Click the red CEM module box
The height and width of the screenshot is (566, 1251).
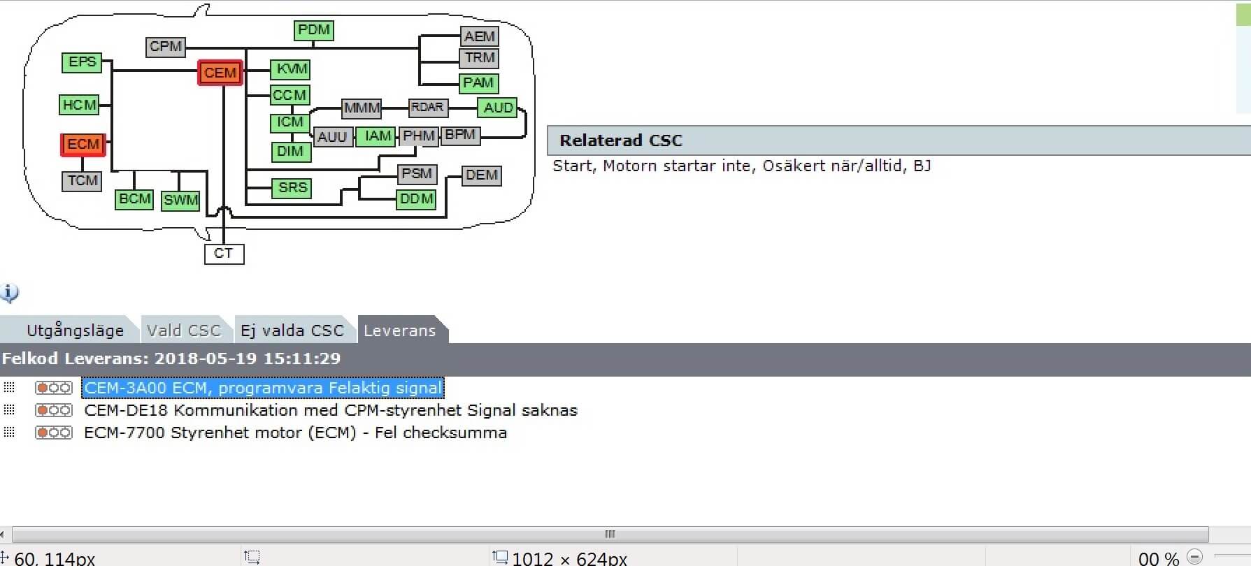point(220,73)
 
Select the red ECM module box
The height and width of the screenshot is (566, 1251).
point(83,145)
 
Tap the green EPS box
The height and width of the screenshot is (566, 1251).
point(82,62)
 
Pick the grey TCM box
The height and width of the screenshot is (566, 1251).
point(83,181)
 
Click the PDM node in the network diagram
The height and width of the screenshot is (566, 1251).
point(313,30)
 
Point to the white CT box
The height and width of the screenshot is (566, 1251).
point(224,253)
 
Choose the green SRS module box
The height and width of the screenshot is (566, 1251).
point(292,187)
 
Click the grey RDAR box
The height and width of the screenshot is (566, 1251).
point(427,108)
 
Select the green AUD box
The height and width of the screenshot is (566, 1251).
point(498,108)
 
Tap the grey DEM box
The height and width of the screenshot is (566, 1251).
point(481,175)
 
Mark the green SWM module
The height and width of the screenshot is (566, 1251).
point(180,200)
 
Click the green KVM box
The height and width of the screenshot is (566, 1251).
point(291,68)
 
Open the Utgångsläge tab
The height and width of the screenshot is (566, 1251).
point(75,331)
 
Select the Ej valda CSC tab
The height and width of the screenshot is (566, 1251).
point(292,331)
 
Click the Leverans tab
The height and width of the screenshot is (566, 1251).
point(399,331)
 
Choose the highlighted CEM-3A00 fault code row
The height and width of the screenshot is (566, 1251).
point(262,388)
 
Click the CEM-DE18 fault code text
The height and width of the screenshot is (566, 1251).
point(330,410)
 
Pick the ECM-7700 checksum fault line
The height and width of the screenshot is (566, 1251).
point(295,433)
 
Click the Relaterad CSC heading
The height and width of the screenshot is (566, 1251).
point(620,140)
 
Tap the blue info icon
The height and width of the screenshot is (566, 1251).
point(9,293)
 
